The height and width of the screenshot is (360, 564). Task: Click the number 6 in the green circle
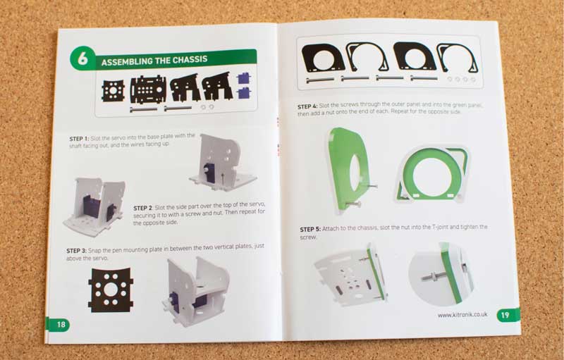pyautogui.click(x=82, y=59)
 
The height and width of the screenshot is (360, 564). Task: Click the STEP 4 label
pyautogui.click(x=309, y=106)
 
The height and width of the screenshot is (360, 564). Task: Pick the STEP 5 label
pyautogui.click(x=311, y=229)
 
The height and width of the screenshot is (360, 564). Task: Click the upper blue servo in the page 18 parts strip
pyautogui.click(x=244, y=79)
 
